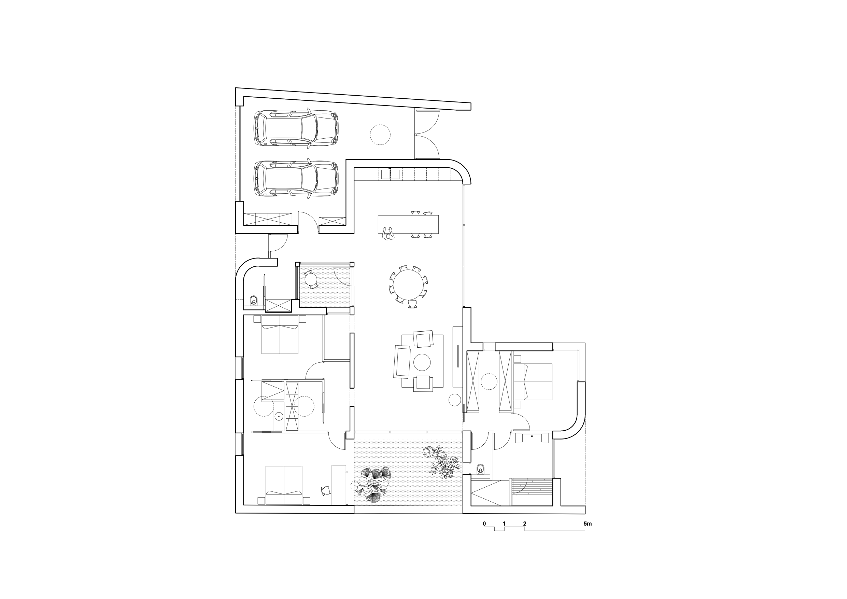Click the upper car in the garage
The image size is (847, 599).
point(296,128)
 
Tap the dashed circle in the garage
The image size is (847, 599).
point(380,135)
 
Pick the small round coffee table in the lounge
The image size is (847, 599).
point(422,362)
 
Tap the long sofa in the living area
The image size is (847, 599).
point(402,361)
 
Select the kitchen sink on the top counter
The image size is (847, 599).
point(390,174)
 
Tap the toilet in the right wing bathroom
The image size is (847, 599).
point(480,469)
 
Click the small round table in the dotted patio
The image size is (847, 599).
point(311,279)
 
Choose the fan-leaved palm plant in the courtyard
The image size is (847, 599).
point(372,485)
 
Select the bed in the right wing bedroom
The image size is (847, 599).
point(533,381)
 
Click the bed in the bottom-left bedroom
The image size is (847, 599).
point(284,485)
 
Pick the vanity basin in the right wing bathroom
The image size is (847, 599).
point(532,438)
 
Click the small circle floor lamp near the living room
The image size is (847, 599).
point(454,399)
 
